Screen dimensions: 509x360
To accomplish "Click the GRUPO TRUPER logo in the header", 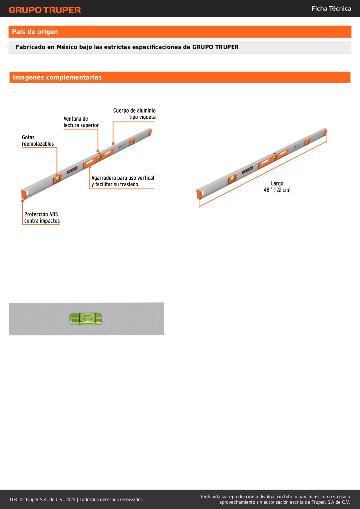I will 45,10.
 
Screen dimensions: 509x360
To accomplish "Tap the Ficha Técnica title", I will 331,9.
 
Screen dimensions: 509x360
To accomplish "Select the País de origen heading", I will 35,32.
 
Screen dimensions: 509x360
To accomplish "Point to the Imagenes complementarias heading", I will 57,77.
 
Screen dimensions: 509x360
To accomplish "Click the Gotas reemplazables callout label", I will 38,140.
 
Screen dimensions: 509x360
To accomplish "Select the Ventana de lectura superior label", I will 81,122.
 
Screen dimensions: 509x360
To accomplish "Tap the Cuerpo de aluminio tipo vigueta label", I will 134,114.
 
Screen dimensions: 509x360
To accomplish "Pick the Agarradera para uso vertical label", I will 122,181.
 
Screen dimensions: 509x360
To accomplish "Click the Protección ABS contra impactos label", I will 42,217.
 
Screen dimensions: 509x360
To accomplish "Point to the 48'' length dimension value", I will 267,190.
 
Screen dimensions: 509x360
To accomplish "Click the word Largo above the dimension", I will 277,183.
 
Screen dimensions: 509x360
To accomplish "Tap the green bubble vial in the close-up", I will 86,319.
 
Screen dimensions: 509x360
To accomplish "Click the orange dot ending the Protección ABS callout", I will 23,201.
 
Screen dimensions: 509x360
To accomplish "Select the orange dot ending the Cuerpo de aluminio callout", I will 113,143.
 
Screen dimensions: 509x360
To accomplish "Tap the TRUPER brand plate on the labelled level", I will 72,170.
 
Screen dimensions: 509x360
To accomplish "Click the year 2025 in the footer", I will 70,499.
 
